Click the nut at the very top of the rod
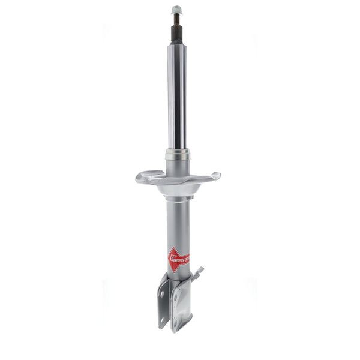(176, 10)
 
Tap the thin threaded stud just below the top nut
(176, 18)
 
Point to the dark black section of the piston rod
(176, 32)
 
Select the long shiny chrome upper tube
(176, 96)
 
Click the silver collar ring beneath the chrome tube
(177, 155)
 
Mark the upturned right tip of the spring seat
(215, 176)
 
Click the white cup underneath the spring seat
(178, 190)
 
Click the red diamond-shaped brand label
(178, 259)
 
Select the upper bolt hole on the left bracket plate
(163, 294)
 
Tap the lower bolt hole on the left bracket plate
(163, 319)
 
